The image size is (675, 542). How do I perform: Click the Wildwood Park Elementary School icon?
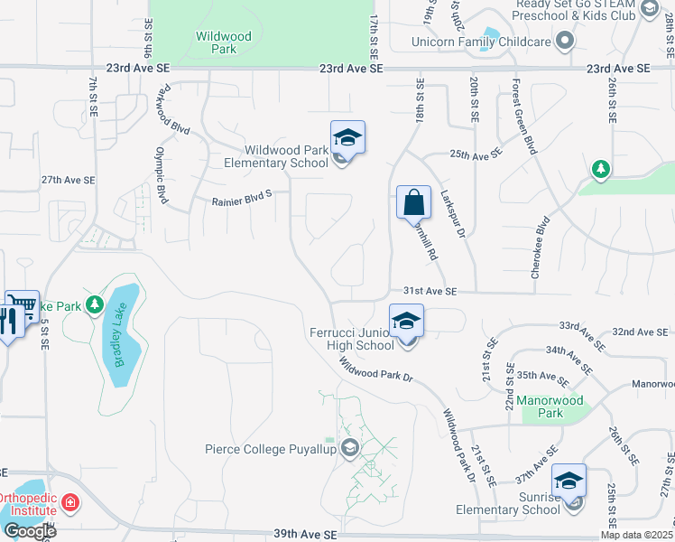347,139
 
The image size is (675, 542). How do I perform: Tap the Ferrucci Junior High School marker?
407,322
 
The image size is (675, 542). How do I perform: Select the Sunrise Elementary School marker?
569,481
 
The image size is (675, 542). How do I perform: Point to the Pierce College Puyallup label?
270,448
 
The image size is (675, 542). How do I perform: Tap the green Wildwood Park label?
217,42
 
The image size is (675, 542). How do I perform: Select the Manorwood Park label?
550,406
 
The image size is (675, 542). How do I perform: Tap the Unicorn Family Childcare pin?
565,42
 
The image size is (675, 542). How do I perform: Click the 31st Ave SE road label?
430,291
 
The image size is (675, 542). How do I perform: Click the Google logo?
29,531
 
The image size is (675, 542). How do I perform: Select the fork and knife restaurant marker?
8,321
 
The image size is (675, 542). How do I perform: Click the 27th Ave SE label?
68,180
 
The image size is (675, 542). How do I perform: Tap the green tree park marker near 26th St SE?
600,169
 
